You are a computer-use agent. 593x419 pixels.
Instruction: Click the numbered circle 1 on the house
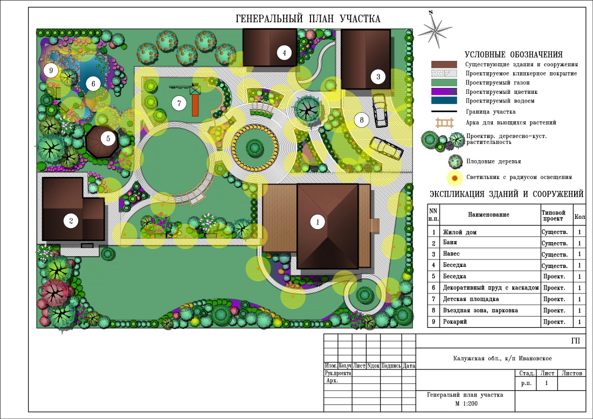[x=318, y=222]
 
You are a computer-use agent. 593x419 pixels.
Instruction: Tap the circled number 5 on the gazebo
[x=108, y=139]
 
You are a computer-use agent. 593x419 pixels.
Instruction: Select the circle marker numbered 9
[x=51, y=70]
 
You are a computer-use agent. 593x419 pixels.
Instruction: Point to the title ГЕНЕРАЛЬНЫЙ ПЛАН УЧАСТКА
[x=308, y=19]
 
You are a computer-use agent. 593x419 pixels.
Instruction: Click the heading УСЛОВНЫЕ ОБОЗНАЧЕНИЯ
[x=513, y=54]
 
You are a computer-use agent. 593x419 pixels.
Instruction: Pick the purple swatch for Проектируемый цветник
[x=444, y=92]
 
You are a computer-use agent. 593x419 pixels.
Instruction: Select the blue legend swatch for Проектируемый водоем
[x=444, y=101]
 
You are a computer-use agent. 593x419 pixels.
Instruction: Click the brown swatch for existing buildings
[x=444, y=64]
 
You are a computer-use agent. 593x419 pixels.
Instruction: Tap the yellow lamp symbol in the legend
[x=454, y=178]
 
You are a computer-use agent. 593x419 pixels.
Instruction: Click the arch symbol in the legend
[x=444, y=123]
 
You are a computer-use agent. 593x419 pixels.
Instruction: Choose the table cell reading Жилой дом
[x=459, y=232]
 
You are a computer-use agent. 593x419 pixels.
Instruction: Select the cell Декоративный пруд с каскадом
[x=491, y=288]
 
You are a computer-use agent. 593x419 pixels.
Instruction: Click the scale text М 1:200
[x=466, y=403]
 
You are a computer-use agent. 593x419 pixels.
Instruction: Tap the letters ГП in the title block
[x=575, y=341]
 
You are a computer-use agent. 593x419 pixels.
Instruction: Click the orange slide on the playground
[x=195, y=105]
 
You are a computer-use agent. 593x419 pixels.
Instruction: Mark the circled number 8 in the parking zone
[x=362, y=120]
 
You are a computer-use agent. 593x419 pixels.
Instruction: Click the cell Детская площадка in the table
[x=471, y=299]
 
